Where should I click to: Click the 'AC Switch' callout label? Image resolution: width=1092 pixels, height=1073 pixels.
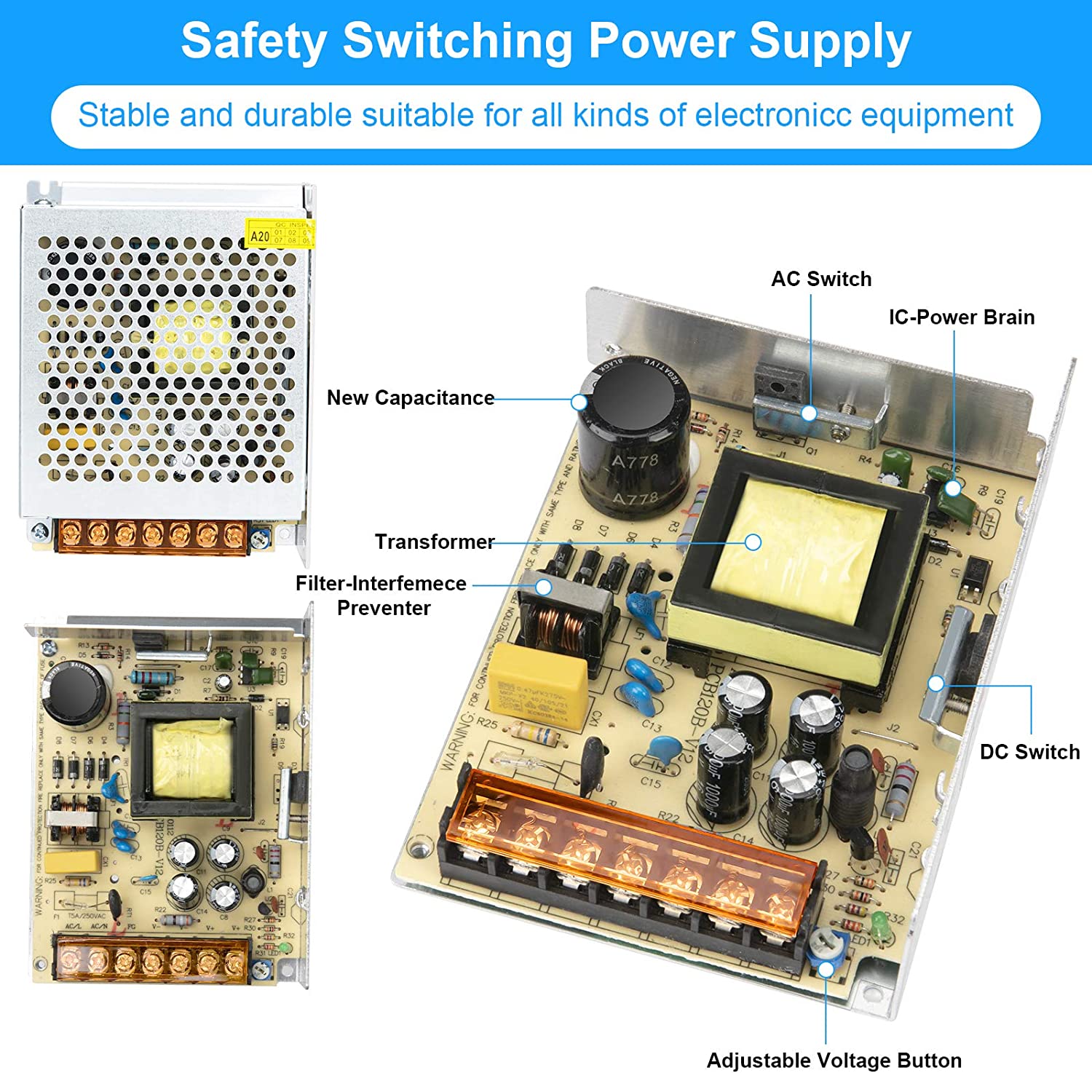point(821,279)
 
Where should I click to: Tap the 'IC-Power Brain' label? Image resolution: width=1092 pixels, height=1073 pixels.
point(961,317)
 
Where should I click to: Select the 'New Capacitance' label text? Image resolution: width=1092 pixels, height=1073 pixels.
point(410,398)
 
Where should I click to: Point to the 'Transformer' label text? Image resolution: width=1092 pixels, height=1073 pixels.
point(434,542)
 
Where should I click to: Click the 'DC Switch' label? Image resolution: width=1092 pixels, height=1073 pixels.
point(1029,752)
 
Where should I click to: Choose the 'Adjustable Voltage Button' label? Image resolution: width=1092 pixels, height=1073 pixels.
point(834,1060)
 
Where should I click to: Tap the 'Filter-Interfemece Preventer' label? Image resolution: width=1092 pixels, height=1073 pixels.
point(381,595)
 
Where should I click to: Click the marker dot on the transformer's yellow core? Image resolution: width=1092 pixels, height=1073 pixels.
point(753,542)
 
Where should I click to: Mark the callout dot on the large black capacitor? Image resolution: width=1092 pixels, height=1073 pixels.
point(579,402)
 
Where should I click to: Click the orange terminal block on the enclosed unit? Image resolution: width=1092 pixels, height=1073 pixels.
point(152,536)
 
